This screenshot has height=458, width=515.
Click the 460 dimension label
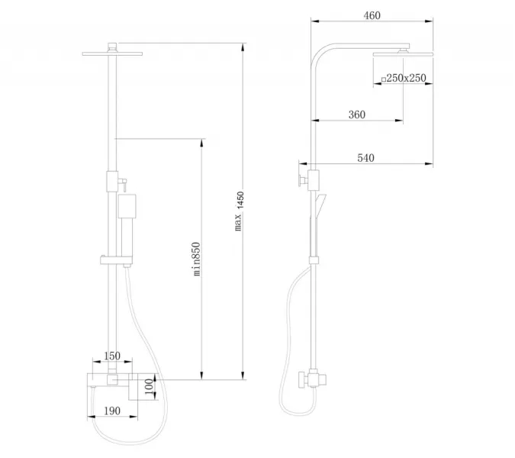coord(372,15)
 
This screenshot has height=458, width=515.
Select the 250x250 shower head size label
coord(406,78)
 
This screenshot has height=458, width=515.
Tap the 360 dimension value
coord(357,114)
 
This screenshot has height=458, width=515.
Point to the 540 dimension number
coord(365,158)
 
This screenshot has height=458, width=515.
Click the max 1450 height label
coord(239,211)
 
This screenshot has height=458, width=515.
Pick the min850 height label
coord(196,259)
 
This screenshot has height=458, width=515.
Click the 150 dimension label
coord(112,356)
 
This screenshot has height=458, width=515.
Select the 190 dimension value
coord(112,411)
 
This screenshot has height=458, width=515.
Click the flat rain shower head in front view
coord(112,53)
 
